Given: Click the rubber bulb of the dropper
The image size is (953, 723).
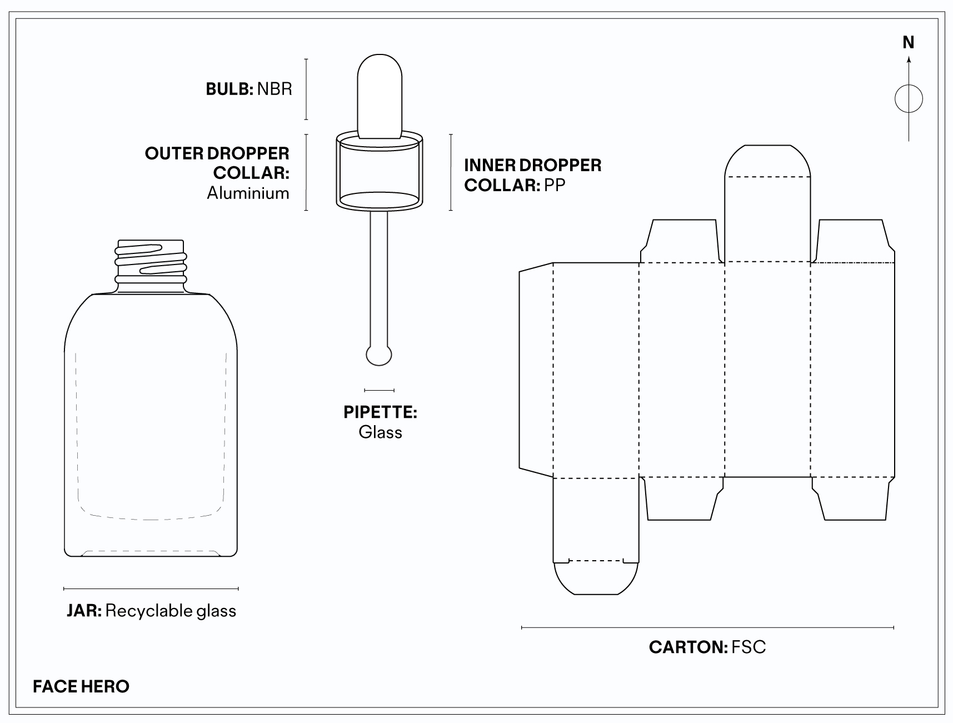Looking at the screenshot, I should point(380,94).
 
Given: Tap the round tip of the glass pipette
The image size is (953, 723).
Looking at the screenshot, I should point(380,355).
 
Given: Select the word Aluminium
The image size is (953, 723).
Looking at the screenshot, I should point(248,193).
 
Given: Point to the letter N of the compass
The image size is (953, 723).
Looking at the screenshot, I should point(908,43).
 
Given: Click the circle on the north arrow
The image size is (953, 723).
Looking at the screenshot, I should point(909,99).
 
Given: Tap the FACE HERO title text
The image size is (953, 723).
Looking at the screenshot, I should point(81,686).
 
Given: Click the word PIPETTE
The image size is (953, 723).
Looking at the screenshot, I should point(380,412).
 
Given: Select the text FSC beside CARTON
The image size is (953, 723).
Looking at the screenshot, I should point(749,647).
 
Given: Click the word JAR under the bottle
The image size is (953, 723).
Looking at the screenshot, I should point(83,611).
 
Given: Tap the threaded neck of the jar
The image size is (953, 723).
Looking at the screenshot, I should point(151,266).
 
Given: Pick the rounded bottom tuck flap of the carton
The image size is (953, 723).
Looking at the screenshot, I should point(596,578).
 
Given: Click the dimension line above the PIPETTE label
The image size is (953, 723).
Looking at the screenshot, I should point(380,390).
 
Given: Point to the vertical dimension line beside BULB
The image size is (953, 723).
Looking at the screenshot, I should point(306,89).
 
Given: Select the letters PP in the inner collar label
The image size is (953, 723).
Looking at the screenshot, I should point(554,185).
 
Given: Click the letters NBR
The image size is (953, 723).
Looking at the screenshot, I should point(275,89).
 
